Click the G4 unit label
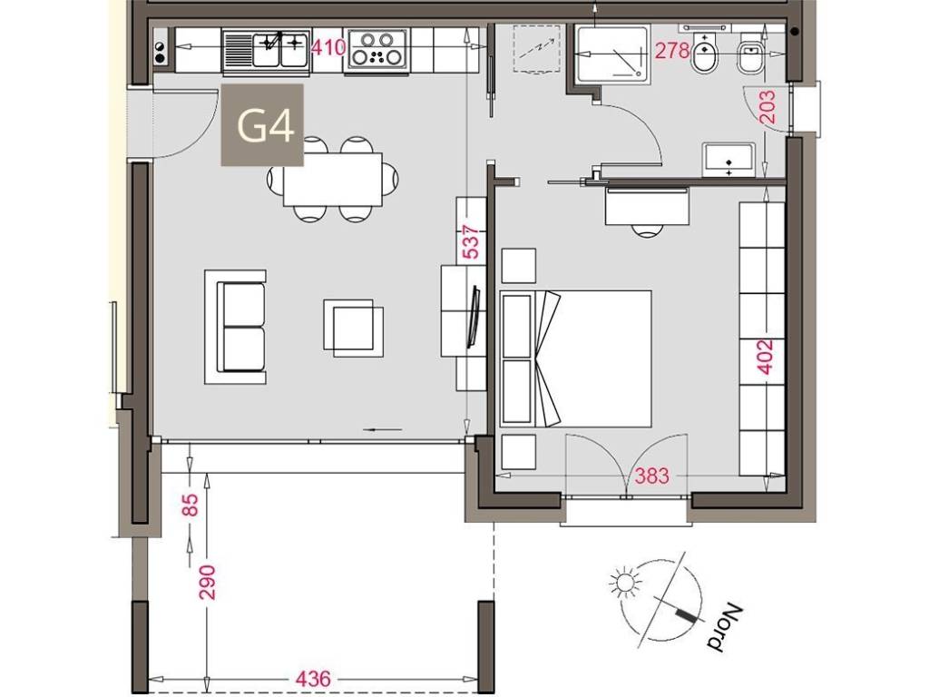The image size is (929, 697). coord(266,125)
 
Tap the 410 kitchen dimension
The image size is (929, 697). coord(328,47)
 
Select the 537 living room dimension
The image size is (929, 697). coord(471,241)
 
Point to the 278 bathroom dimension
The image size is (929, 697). coord(672,52)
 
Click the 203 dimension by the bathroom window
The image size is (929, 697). coord(767,107)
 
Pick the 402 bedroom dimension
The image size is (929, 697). coord(766,357)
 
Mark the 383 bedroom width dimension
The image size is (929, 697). coord(651,476)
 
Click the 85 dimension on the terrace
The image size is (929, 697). coord(191,505)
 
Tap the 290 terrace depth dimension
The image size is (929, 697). coord(208,584)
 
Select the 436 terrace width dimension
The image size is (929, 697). coord(312,679)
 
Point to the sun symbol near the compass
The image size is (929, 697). coord(624,582)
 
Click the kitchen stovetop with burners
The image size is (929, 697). coord(378,49)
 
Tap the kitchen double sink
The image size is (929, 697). coord(268,51)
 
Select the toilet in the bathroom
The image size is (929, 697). coord(705,54)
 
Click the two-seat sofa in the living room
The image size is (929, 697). coord(235,327)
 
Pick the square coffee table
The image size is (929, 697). coord(353,328)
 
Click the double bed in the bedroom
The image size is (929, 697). coord(576,358)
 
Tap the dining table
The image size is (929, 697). coord(333,180)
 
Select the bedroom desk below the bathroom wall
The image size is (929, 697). coord(647,206)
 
